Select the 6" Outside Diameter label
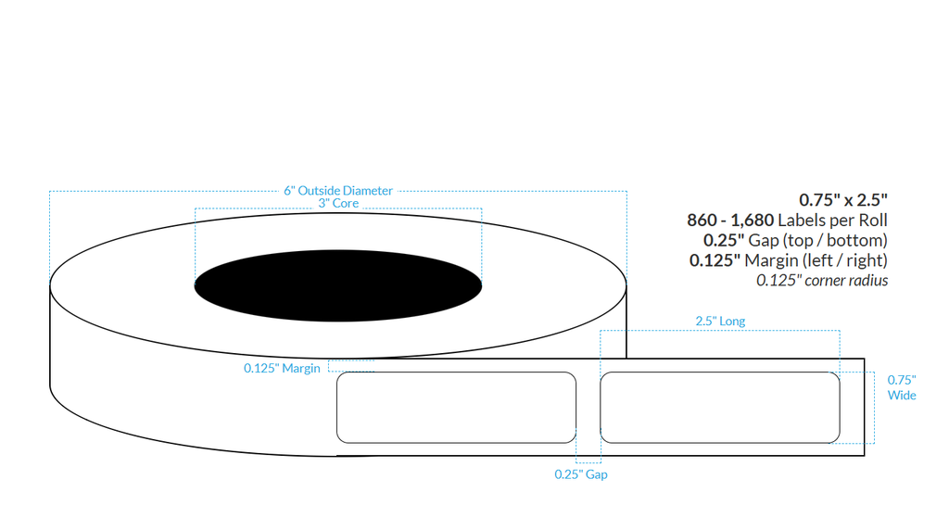click(x=338, y=191)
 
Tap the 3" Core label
click(x=338, y=204)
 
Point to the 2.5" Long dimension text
click(x=720, y=322)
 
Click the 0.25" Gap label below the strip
click(x=581, y=474)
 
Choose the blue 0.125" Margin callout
click(x=282, y=368)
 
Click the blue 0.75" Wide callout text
click(x=902, y=387)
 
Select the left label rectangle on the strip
click(x=456, y=408)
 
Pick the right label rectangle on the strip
click(x=720, y=408)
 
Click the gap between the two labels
click(x=588, y=408)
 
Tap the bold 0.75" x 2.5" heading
click(x=843, y=199)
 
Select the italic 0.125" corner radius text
click(x=822, y=280)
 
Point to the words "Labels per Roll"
click(x=832, y=221)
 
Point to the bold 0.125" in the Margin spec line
click(x=715, y=260)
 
